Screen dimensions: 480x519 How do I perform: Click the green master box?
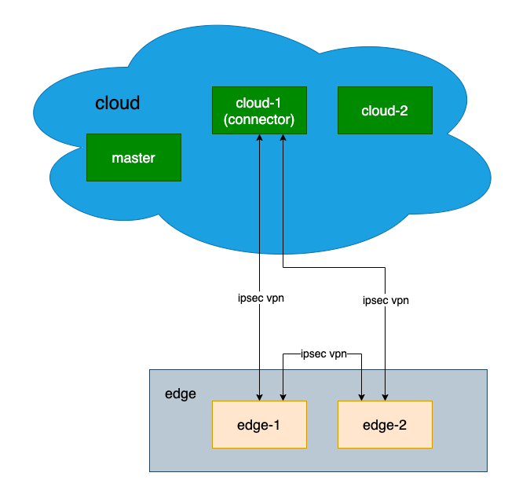click(x=133, y=157)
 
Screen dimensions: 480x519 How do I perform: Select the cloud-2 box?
click(x=385, y=110)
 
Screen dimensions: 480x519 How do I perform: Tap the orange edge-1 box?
click(x=259, y=425)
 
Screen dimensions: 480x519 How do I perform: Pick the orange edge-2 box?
click(x=385, y=425)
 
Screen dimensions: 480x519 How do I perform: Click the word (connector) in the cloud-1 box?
click(x=259, y=120)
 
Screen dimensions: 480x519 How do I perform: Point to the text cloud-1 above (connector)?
click(x=259, y=104)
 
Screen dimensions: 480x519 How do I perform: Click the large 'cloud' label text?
click(x=118, y=103)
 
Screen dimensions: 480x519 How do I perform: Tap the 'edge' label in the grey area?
click(x=181, y=394)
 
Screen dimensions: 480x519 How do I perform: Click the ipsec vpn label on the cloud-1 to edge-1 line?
click(x=259, y=299)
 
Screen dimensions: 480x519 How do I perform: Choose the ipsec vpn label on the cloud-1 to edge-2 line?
click(x=386, y=300)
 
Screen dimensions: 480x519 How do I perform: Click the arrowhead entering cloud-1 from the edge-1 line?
click(x=259, y=138)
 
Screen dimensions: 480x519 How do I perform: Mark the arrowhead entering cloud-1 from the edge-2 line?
click(x=283, y=138)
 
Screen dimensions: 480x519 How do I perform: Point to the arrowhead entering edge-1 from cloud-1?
click(x=259, y=396)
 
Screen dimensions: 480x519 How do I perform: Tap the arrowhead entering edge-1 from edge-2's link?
click(x=283, y=396)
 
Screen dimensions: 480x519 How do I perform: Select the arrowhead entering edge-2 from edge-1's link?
click(x=361, y=396)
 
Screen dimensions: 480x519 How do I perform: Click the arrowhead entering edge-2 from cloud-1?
click(x=385, y=396)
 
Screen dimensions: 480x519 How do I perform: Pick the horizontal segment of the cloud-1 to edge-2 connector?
click(x=334, y=267)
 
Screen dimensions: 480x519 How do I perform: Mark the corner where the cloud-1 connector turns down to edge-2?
click(x=385, y=267)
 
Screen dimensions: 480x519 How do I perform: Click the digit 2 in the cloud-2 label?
click(x=404, y=111)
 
